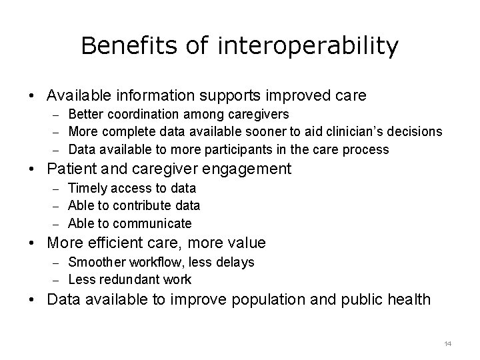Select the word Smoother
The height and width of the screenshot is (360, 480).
[98, 263]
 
